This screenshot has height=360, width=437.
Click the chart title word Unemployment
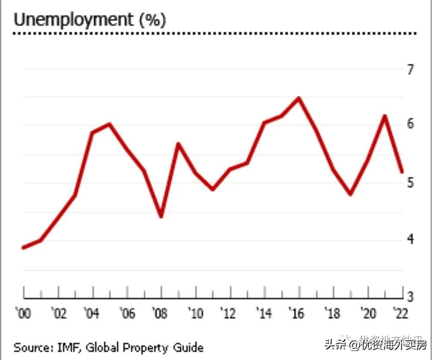click(x=73, y=20)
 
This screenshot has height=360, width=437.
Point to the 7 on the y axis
click(x=411, y=69)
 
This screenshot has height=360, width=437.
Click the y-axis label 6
click(x=411, y=124)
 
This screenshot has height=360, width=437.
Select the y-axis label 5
click(x=411, y=183)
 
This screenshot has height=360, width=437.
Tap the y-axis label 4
click(x=411, y=239)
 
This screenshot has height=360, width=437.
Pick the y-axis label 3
click(x=411, y=297)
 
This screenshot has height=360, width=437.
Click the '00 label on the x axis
click(x=23, y=314)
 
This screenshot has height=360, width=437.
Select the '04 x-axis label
click(x=91, y=314)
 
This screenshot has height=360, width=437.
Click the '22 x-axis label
click(x=401, y=314)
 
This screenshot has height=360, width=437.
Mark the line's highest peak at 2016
click(x=299, y=98)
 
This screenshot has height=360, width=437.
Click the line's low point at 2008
click(x=161, y=216)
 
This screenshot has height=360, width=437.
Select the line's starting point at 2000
click(x=23, y=247)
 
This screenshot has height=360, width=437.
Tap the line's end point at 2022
click(x=402, y=172)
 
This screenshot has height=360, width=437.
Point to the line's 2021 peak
click(x=385, y=116)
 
